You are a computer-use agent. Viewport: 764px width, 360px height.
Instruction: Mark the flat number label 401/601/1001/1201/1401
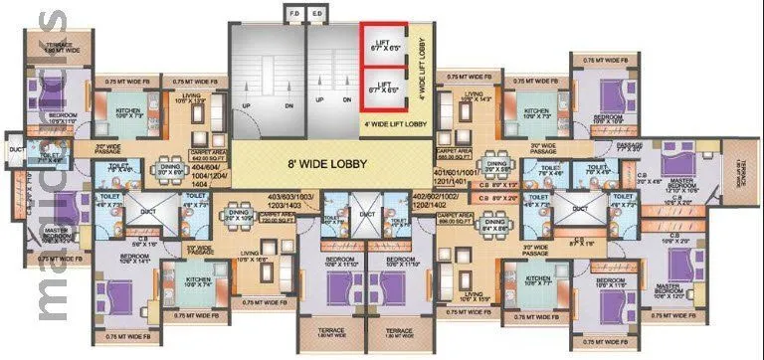(x=459, y=175)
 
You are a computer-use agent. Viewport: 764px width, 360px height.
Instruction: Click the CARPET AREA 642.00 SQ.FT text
(x=209, y=158)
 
